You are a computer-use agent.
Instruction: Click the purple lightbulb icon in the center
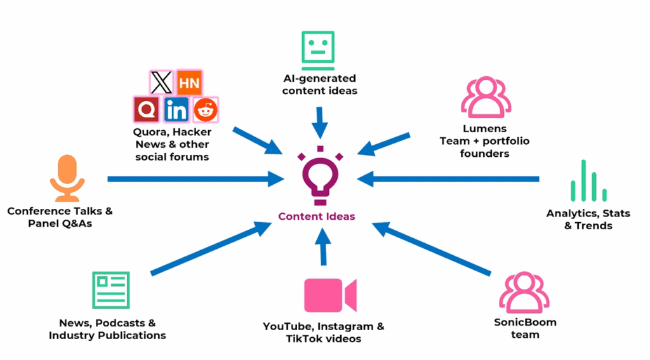(317, 177)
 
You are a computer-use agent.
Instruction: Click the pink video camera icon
(329, 295)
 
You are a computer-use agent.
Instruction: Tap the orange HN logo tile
(189, 83)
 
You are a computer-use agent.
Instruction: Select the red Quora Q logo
(147, 110)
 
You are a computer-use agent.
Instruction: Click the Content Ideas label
(317, 217)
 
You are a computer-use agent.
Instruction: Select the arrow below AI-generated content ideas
(319, 122)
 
